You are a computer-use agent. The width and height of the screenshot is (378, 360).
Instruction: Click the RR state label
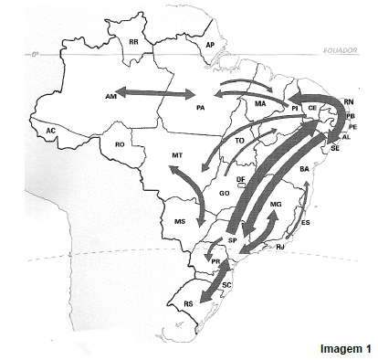(x=133, y=42)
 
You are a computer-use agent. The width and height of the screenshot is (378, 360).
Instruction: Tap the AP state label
(x=210, y=45)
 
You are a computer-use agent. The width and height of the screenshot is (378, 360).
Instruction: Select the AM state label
(x=110, y=95)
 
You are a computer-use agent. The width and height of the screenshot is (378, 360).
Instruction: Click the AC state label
(x=51, y=132)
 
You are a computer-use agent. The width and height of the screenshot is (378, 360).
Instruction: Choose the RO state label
(x=120, y=144)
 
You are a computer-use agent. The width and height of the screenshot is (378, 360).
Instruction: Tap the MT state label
(x=178, y=157)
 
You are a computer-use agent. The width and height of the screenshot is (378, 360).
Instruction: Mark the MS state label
(x=180, y=222)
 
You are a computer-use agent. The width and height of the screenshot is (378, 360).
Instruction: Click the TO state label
(x=239, y=142)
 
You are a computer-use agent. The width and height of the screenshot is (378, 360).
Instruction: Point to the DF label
(x=241, y=180)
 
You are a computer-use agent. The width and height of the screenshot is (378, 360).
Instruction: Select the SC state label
(x=226, y=285)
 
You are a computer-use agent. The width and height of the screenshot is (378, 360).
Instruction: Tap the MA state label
(x=260, y=104)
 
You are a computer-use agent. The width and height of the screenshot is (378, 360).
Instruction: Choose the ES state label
(x=305, y=223)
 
